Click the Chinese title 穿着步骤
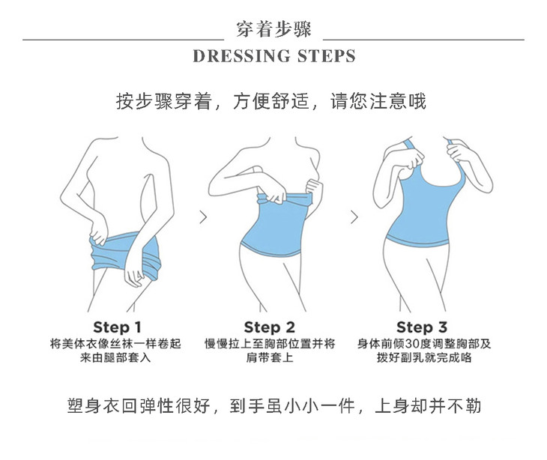click(x=273, y=29)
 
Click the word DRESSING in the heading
click(x=241, y=56)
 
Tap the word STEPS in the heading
click(x=327, y=56)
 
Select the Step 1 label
click(x=117, y=327)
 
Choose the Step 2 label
click(x=269, y=327)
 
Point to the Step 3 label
click(x=422, y=327)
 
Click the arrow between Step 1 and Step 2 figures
click(x=203, y=217)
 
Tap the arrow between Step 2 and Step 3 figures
click(x=354, y=217)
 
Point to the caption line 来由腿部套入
click(x=115, y=357)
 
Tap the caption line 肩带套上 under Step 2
click(x=270, y=357)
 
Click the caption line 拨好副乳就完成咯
click(x=424, y=357)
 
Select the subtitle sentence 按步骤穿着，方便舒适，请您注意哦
click(x=271, y=101)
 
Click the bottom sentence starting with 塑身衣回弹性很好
click(x=273, y=406)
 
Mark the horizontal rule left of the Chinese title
click(x=123, y=40)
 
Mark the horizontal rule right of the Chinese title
click(x=423, y=40)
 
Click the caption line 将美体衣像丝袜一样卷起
click(x=115, y=344)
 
